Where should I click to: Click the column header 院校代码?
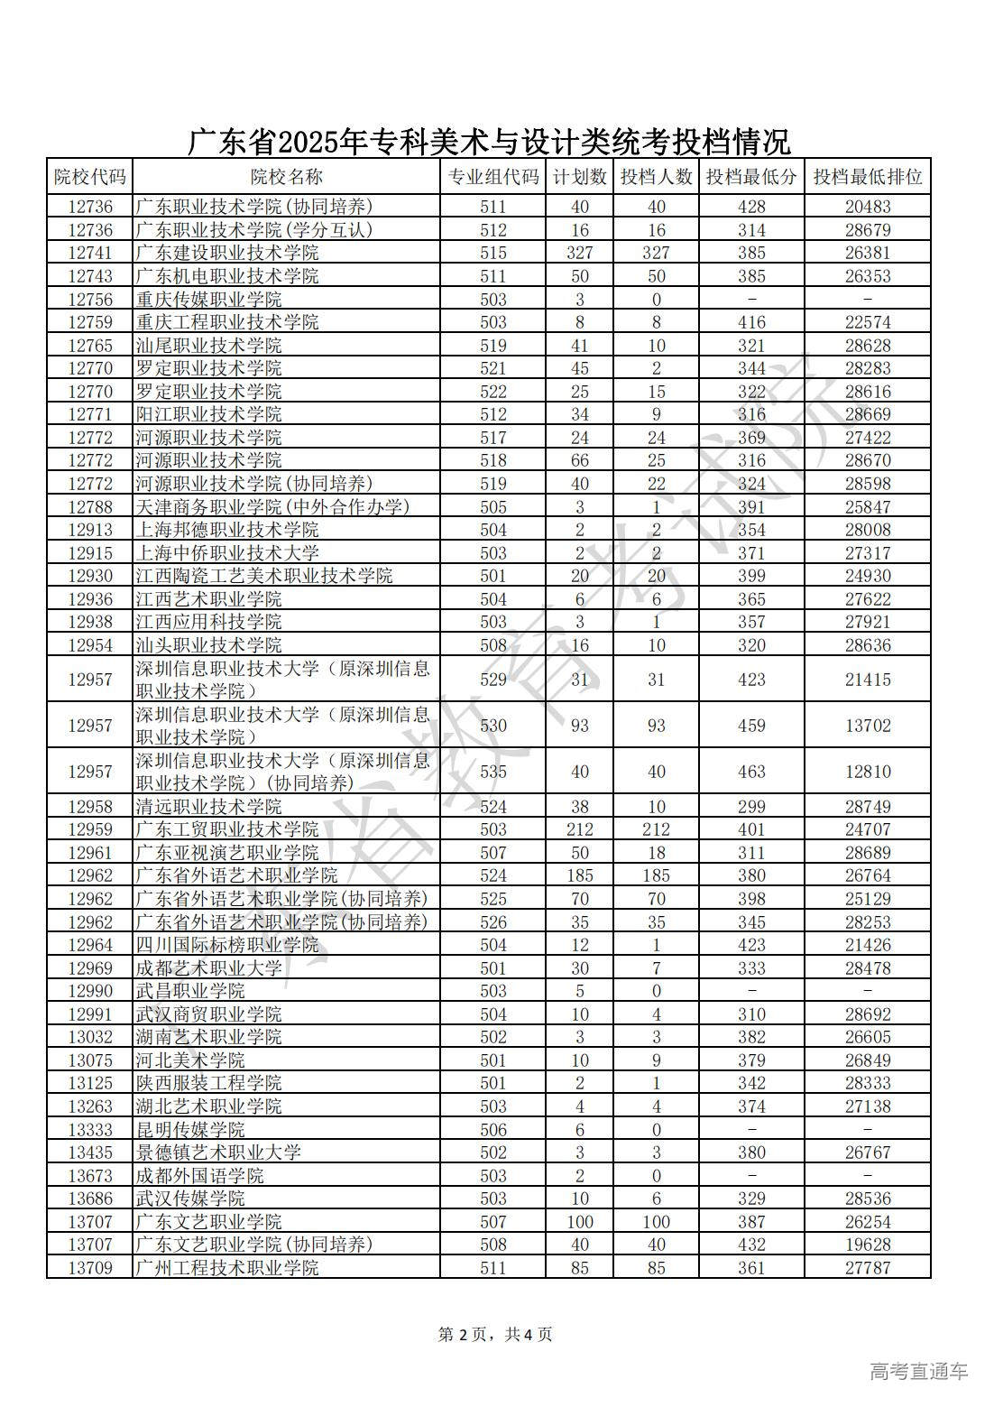click(89, 177)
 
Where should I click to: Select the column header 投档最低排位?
click(867, 177)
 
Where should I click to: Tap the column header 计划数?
click(579, 177)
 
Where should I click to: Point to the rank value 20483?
click(867, 207)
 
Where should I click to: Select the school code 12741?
click(89, 253)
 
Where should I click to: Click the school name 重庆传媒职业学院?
click(208, 300)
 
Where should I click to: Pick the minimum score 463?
click(750, 772)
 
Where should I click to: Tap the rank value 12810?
click(867, 772)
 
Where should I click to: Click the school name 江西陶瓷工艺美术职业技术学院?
click(264, 576)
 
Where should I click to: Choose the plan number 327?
click(579, 253)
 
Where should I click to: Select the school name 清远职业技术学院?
click(208, 807)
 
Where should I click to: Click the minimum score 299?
click(750, 807)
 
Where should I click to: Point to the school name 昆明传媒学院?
click(190, 1130)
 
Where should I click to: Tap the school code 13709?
click(89, 1268)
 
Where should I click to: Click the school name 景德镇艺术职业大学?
click(218, 1152)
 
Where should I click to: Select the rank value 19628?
click(867, 1245)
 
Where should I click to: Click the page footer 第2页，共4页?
click(495, 1334)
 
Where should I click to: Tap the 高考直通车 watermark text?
click(918, 1372)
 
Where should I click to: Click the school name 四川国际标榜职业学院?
click(227, 945)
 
